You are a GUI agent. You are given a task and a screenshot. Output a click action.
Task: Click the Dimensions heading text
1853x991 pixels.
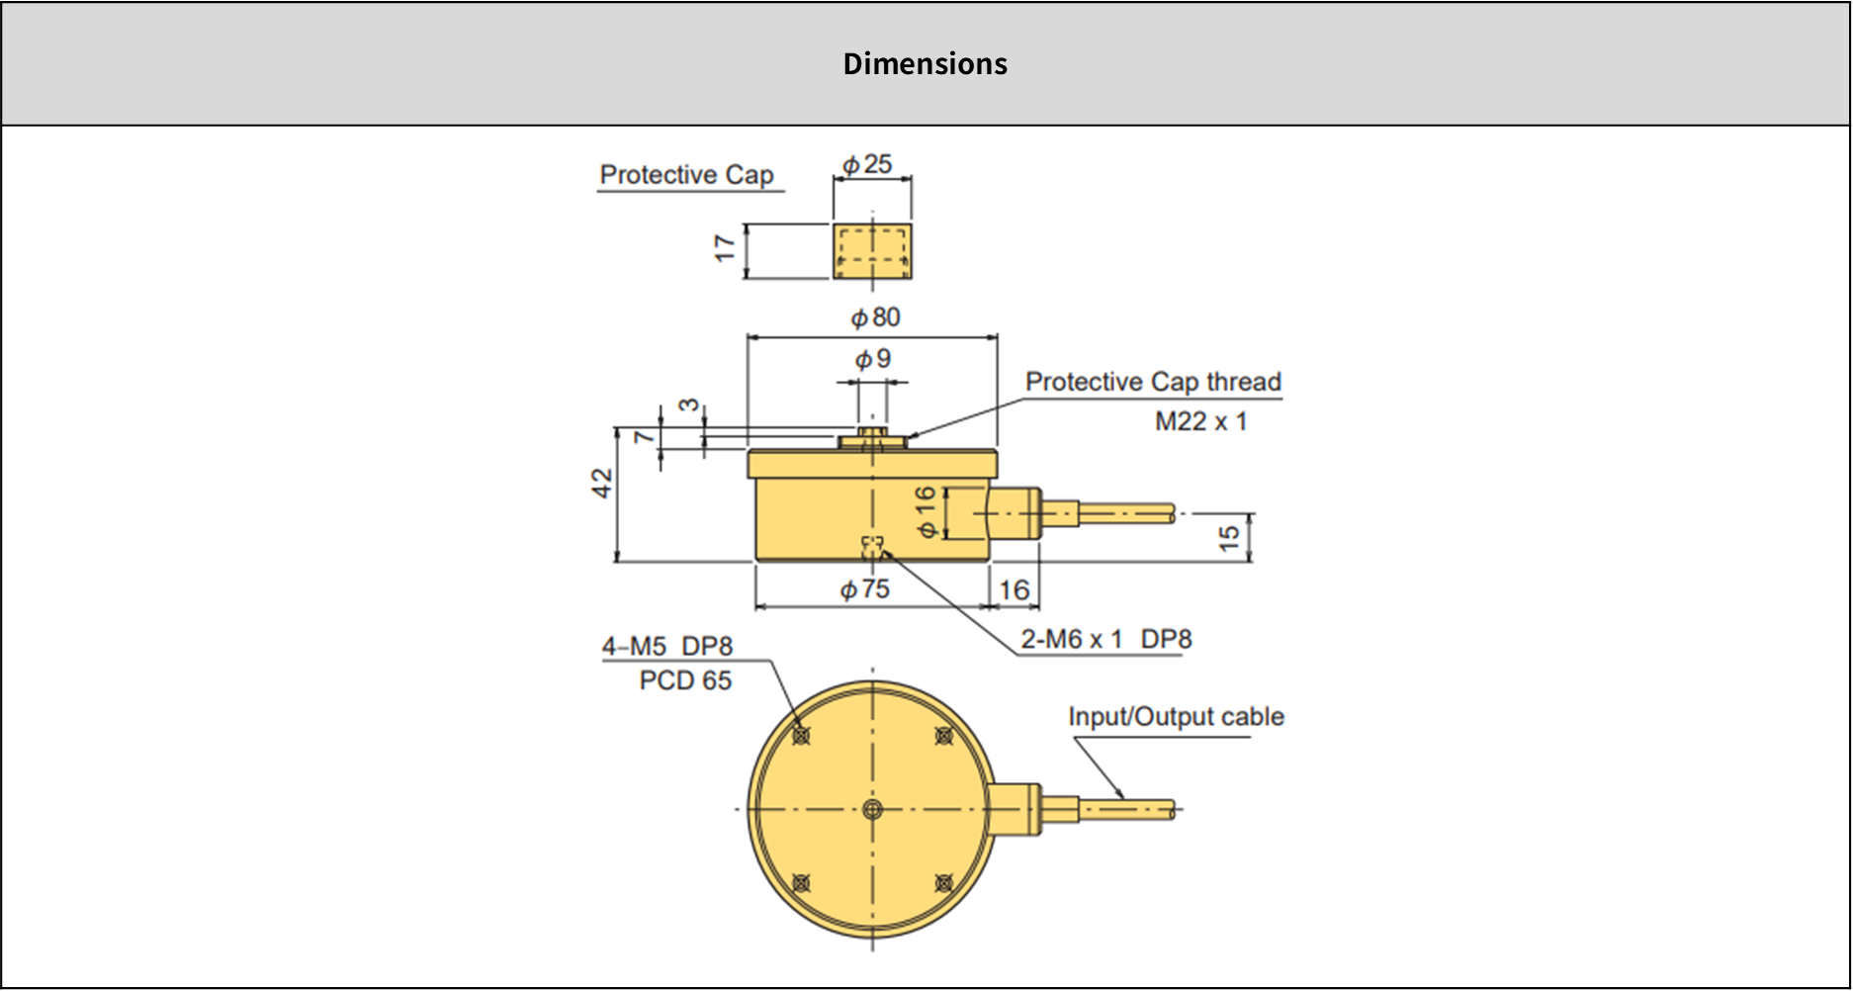tap(925, 63)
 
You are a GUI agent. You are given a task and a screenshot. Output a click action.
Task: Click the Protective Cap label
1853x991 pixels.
tap(686, 175)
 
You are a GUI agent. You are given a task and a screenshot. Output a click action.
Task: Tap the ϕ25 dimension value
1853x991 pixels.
tap(867, 164)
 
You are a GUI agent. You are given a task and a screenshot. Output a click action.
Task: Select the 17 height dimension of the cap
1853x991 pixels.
tap(725, 248)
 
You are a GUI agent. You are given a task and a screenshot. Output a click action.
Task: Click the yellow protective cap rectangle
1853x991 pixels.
tap(872, 251)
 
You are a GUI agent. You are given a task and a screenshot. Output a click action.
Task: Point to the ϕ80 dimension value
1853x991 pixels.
tap(876, 317)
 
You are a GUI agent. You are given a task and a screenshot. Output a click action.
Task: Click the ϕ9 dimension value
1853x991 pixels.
tap(873, 358)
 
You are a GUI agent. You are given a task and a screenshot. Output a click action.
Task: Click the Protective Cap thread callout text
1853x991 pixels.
tap(1153, 382)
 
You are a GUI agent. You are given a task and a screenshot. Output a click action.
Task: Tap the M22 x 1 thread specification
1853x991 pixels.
tap(1200, 421)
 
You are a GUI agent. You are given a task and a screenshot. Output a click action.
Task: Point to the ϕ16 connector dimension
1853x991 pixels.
tap(926, 511)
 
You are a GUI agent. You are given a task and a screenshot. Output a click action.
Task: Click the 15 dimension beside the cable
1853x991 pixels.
tap(1228, 537)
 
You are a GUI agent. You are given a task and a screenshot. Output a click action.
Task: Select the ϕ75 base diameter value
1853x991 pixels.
tap(865, 589)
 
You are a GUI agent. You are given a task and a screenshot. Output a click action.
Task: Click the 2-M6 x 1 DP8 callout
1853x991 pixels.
tap(1105, 640)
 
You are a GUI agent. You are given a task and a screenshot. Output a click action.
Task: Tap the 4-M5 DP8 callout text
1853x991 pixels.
tap(667, 647)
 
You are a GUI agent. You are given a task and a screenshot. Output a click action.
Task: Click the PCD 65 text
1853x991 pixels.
tap(685, 680)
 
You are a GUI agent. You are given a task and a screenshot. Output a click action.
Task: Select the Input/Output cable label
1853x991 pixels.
tap(1176, 717)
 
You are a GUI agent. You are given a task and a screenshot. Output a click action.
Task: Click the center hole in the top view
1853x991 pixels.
tap(872, 809)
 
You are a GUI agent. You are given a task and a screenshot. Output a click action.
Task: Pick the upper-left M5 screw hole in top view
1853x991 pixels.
tap(801, 736)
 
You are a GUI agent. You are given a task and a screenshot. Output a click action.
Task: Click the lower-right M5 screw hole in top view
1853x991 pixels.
tap(944, 882)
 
